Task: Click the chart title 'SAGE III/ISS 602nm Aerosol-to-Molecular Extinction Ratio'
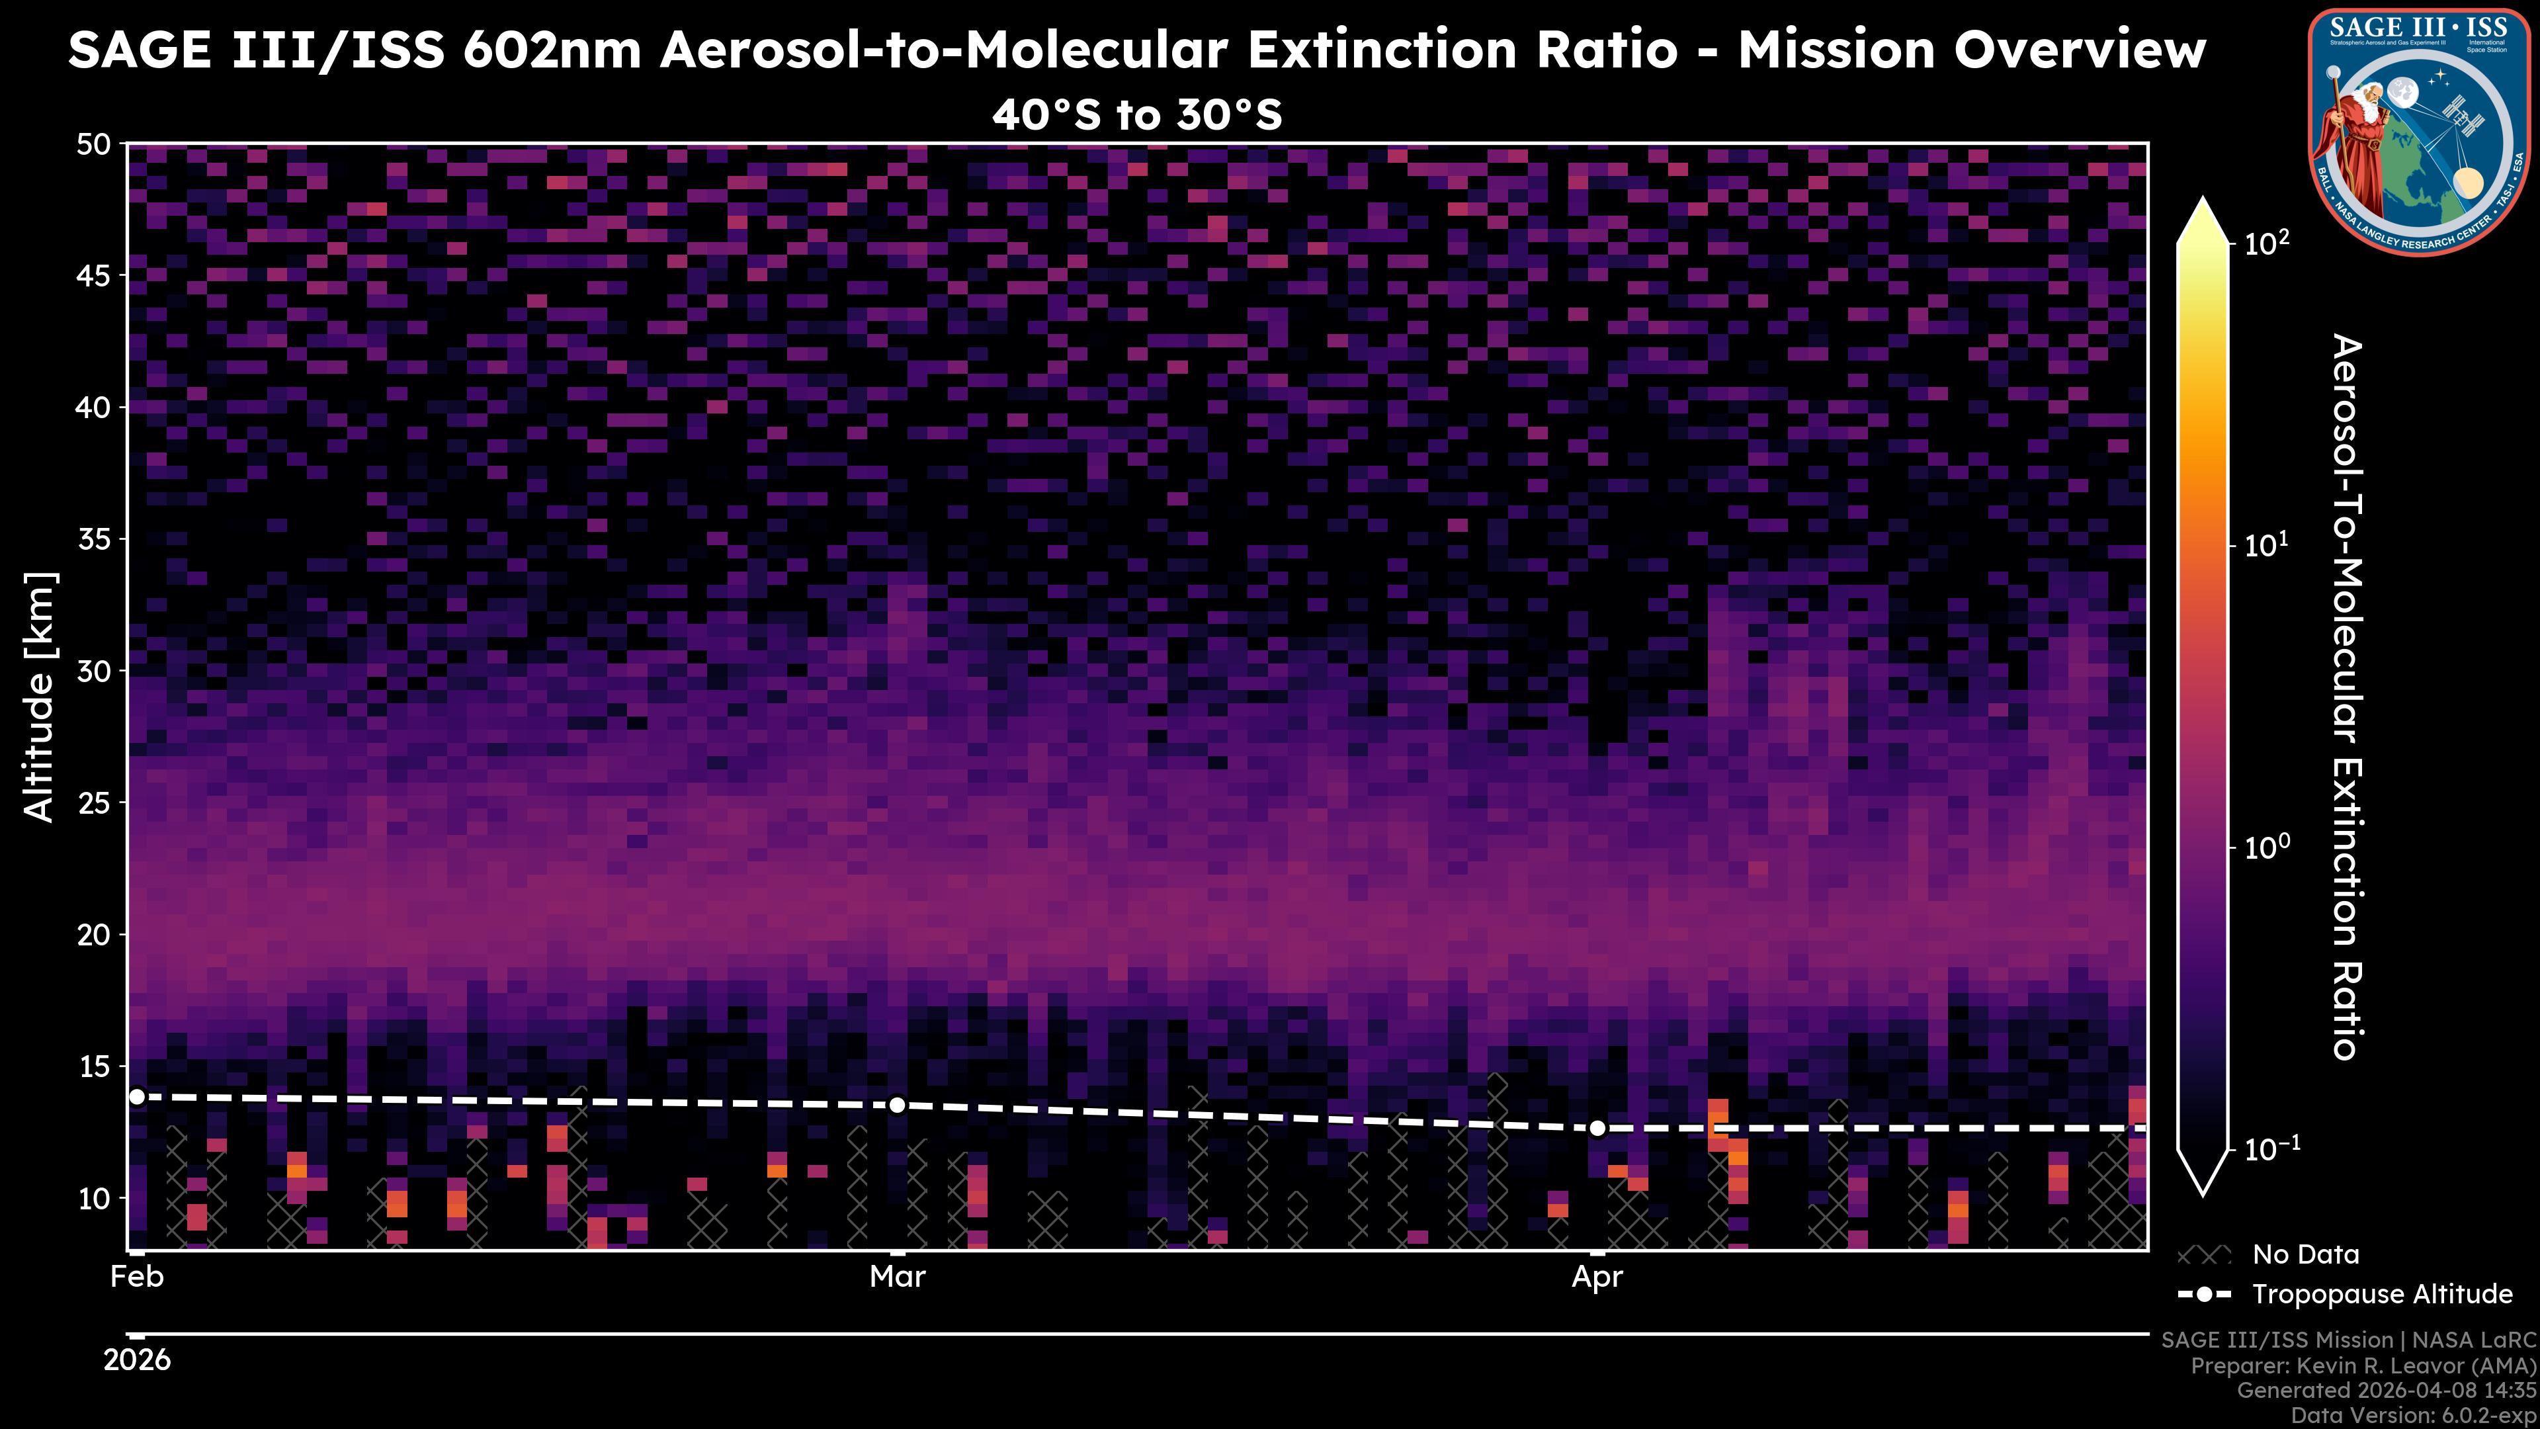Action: [872, 50]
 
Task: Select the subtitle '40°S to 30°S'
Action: [1137, 115]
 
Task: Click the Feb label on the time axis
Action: [137, 1277]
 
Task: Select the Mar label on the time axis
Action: [898, 1277]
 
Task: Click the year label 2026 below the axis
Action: [137, 1360]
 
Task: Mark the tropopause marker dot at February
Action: [137, 1097]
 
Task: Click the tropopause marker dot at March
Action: [898, 1105]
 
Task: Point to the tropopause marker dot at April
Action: [1597, 1128]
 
